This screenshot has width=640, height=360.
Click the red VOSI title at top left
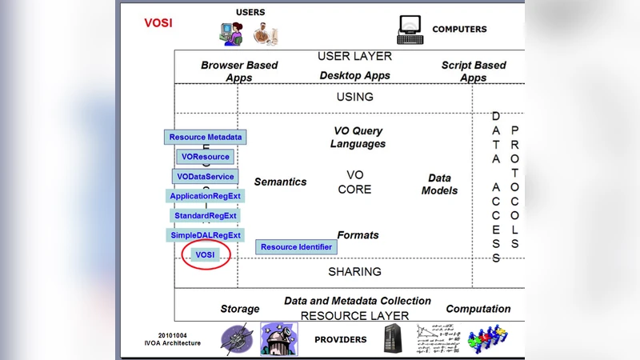tap(158, 23)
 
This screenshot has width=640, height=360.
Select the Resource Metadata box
tap(205, 137)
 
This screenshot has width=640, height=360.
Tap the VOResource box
tap(205, 157)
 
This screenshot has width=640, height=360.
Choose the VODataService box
tap(206, 176)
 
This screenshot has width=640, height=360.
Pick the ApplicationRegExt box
tap(205, 196)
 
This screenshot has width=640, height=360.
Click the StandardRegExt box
tap(206, 215)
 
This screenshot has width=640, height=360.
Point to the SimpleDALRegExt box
tap(206, 235)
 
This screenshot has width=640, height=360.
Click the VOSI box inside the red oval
tap(206, 254)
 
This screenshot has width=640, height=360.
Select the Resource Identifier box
tap(296, 247)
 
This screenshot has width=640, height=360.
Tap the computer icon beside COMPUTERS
tap(410, 30)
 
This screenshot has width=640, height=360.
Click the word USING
tap(354, 97)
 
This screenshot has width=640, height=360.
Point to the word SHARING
tap(354, 272)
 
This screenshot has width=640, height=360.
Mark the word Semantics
tap(280, 182)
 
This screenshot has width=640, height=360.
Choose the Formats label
tap(358, 235)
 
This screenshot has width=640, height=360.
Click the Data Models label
tap(439, 184)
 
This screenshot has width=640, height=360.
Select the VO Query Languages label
tap(358, 138)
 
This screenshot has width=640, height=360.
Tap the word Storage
tap(240, 309)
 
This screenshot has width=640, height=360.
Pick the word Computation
tap(478, 309)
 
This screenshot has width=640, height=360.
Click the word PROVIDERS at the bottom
tap(340, 339)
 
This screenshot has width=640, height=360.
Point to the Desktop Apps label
tap(354, 76)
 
